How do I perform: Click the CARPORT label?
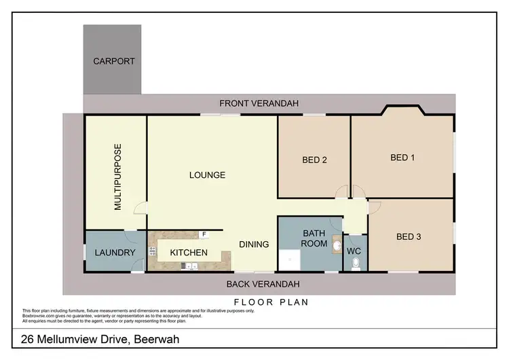113,61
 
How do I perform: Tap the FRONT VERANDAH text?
259,103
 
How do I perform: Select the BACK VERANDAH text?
263,284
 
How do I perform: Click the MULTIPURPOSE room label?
117,177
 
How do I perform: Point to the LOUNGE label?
207,175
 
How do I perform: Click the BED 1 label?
402,158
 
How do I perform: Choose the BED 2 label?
315,160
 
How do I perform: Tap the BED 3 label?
409,237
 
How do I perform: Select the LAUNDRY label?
115,253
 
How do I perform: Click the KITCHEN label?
188,253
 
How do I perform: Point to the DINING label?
254,245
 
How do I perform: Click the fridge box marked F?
203,235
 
